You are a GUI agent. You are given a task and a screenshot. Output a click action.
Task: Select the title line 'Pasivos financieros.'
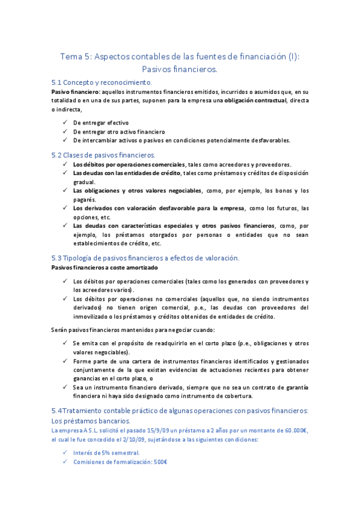point(179,70)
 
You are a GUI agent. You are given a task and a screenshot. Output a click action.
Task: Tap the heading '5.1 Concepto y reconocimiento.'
point(102,82)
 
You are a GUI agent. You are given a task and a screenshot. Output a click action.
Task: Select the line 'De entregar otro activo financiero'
point(118,132)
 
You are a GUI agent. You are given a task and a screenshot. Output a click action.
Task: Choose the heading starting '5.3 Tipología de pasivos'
point(145,257)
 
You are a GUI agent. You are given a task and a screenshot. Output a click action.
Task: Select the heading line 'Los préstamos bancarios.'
point(91,421)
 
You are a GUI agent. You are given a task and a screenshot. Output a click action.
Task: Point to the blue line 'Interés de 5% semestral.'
point(106,453)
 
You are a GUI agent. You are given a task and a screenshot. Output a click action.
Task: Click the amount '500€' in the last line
point(159,462)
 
